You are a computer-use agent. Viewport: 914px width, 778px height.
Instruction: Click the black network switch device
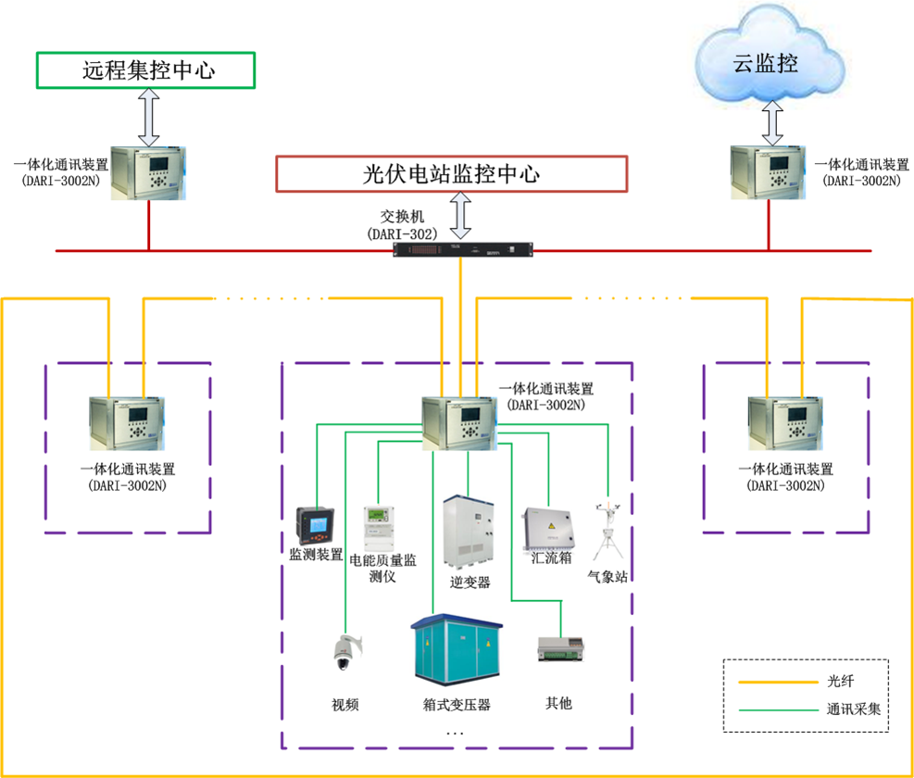point(463,250)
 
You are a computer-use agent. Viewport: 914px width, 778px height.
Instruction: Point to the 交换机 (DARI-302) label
point(402,225)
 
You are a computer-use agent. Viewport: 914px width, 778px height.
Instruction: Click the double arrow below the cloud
point(773,122)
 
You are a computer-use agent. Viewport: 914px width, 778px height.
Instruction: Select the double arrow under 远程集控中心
point(149,118)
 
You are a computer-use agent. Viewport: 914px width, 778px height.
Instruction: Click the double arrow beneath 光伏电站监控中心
point(460,215)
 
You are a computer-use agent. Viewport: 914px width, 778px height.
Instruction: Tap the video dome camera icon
point(346,653)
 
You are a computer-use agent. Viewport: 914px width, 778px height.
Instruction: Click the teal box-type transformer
point(457,651)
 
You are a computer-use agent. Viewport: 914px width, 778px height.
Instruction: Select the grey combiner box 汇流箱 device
point(548,528)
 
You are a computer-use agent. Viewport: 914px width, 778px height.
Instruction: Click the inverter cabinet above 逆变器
point(469,532)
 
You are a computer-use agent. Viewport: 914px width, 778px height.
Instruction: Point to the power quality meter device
point(379,528)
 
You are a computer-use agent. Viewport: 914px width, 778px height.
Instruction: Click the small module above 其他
point(560,649)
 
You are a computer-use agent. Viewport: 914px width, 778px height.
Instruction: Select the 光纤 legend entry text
point(840,681)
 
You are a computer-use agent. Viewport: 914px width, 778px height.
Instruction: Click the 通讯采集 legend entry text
point(854,709)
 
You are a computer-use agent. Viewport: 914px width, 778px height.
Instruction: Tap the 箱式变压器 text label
point(457,705)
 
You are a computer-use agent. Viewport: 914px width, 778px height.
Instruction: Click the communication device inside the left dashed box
point(127,423)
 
